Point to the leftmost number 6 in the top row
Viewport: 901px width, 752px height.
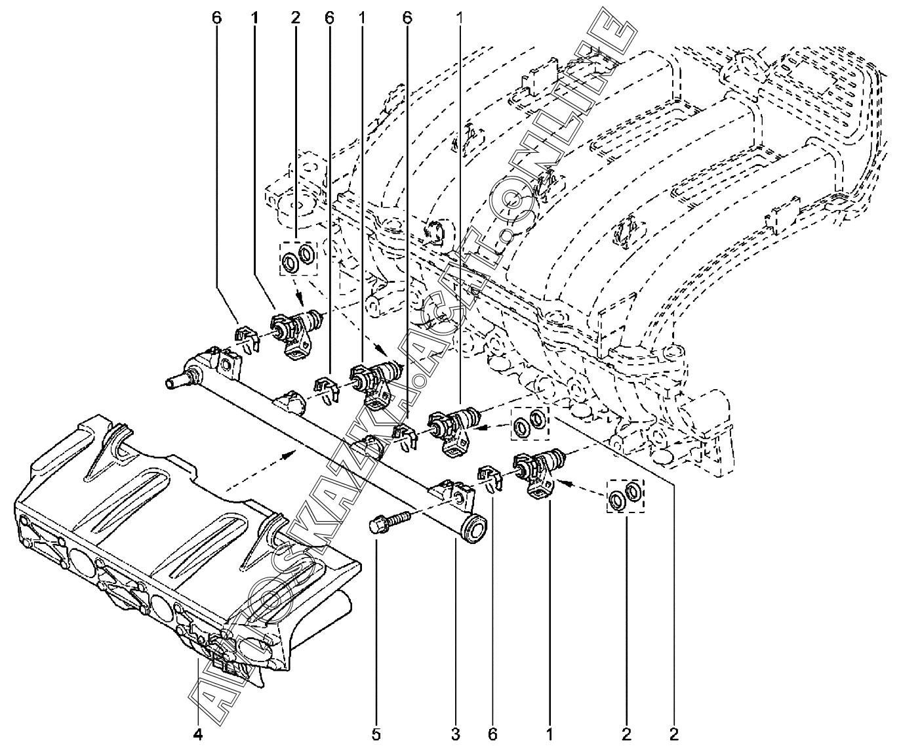pos(217,18)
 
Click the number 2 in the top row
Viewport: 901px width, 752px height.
pos(295,18)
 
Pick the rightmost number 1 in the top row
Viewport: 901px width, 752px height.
pos(460,18)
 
